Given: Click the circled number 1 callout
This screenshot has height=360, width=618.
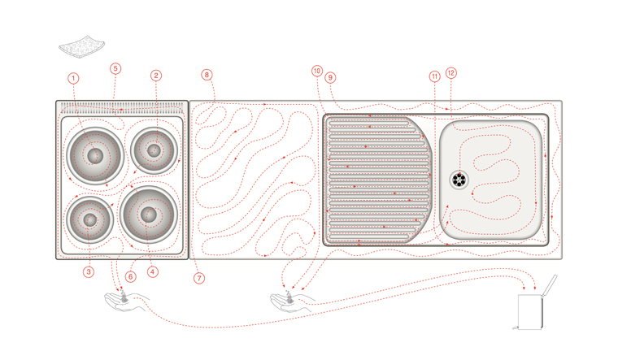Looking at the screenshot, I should (74, 78).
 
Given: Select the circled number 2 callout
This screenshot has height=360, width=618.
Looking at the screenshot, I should (155, 76).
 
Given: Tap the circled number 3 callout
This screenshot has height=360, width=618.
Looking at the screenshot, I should (89, 272).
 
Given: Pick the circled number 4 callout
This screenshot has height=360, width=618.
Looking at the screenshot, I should (150, 272).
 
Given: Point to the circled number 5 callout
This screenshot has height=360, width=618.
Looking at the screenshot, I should (115, 69).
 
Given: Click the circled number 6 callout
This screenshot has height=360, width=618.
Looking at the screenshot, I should (130, 276).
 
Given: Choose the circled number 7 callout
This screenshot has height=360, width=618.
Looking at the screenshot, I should (198, 277).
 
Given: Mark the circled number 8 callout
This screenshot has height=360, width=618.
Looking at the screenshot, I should (207, 75).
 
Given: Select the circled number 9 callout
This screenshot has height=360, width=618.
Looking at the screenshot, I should (330, 77).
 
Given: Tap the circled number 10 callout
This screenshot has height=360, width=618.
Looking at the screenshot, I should (317, 71).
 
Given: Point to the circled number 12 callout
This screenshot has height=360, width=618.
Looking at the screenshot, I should (451, 72).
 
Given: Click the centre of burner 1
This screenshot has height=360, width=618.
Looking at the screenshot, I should (94, 154).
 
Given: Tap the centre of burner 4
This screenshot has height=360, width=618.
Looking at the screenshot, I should (148, 214).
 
